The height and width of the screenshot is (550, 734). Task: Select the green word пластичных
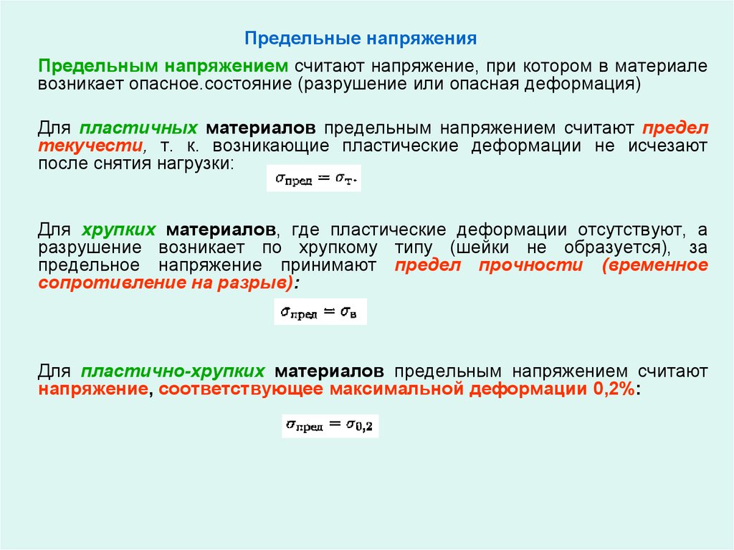(138, 128)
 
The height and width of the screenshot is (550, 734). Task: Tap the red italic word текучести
(91, 146)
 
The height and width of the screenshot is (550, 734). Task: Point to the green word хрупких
(119, 229)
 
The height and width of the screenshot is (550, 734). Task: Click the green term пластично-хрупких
(173, 371)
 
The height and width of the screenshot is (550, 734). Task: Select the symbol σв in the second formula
(349, 312)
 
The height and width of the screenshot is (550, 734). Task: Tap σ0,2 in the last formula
(360, 425)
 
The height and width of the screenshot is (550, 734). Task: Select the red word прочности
(531, 265)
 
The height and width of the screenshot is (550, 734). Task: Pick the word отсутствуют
(631, 229)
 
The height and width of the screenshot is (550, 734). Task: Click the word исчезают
(667, 146)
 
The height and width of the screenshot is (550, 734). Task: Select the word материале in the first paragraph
(660, 66)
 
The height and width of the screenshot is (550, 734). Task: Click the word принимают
(328, 265)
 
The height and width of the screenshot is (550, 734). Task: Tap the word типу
(414, 247)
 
